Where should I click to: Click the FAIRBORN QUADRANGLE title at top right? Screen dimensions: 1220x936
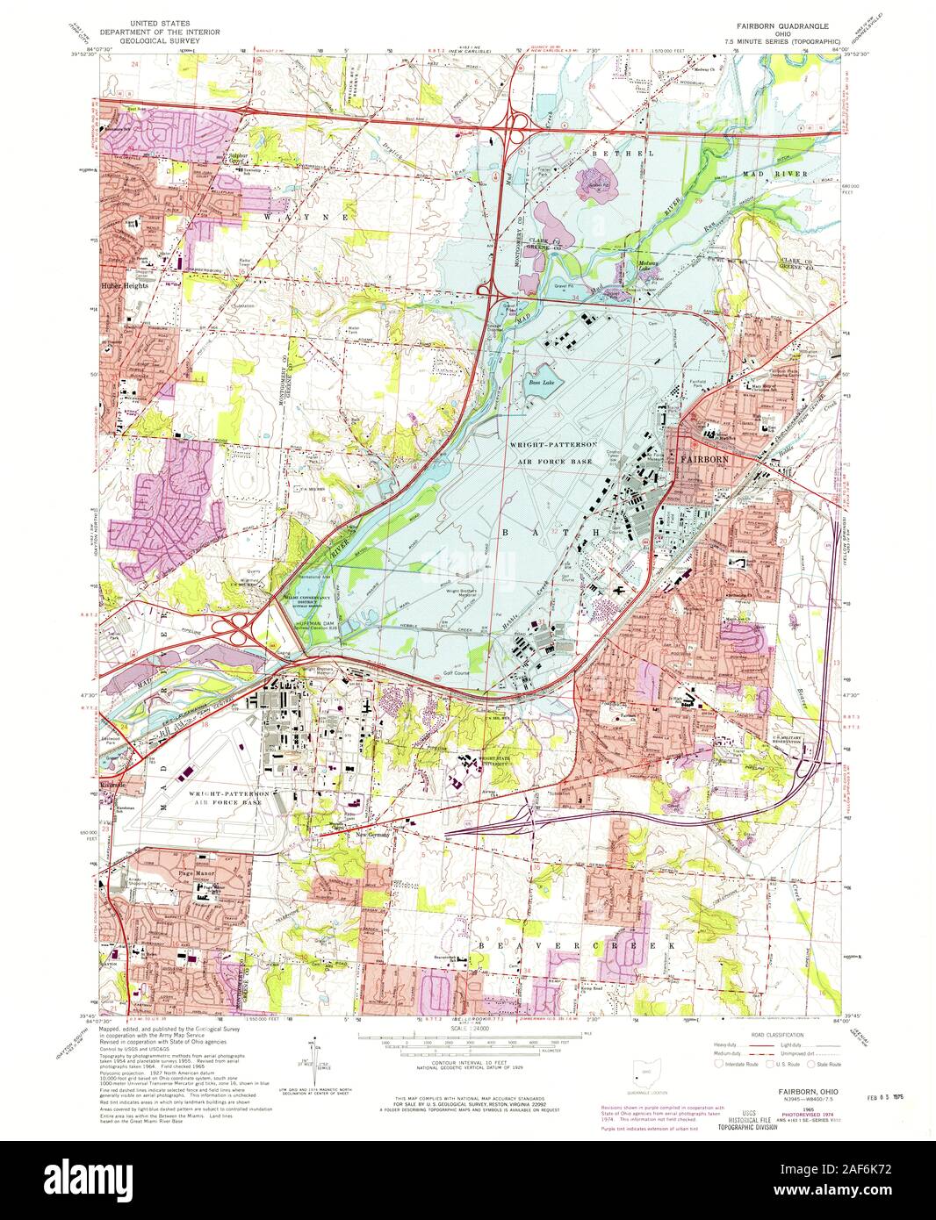point(781,27)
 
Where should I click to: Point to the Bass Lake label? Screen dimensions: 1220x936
point(541,384)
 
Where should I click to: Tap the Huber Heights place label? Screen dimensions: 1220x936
point(123,285)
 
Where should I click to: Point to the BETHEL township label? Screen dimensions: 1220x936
point(611,154)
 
